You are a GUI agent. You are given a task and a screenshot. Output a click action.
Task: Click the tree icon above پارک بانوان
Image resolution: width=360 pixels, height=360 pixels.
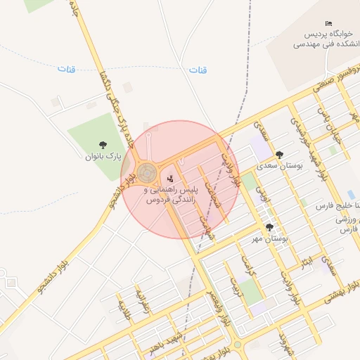pos(103,146)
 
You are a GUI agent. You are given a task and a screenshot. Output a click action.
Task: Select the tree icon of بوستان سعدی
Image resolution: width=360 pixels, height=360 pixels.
pos(279,155)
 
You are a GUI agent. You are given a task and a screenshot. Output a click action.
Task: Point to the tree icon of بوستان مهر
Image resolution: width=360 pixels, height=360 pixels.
pos(269,227)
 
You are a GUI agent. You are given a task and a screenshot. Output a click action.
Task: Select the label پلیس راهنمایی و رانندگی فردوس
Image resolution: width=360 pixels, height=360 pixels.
pos(171,195)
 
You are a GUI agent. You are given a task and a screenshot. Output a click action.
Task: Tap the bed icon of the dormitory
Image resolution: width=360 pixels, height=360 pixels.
pos(330,24)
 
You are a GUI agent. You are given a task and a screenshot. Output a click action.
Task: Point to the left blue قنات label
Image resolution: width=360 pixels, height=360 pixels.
pos(66,69)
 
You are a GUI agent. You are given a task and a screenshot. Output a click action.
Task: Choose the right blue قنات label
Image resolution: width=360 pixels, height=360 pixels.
pos(198,70)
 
